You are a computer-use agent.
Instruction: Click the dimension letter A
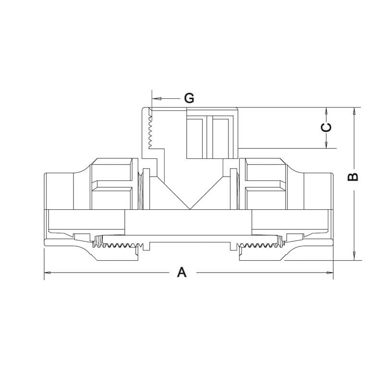(x=182, y=272)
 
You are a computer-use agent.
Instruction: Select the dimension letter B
(x=353, y=177)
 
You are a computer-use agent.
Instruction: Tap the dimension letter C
(x=326, y=127)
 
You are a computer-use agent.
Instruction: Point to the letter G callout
(x=189, y=98)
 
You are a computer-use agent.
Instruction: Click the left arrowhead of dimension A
(x=47, y=273)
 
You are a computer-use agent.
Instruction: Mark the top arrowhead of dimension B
(x=354, y=111)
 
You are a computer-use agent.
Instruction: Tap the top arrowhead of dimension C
(x=326, y=111)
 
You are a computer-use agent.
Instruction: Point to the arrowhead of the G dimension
(x=155, y=98)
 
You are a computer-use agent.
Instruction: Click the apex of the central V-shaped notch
(x=190, y=209)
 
